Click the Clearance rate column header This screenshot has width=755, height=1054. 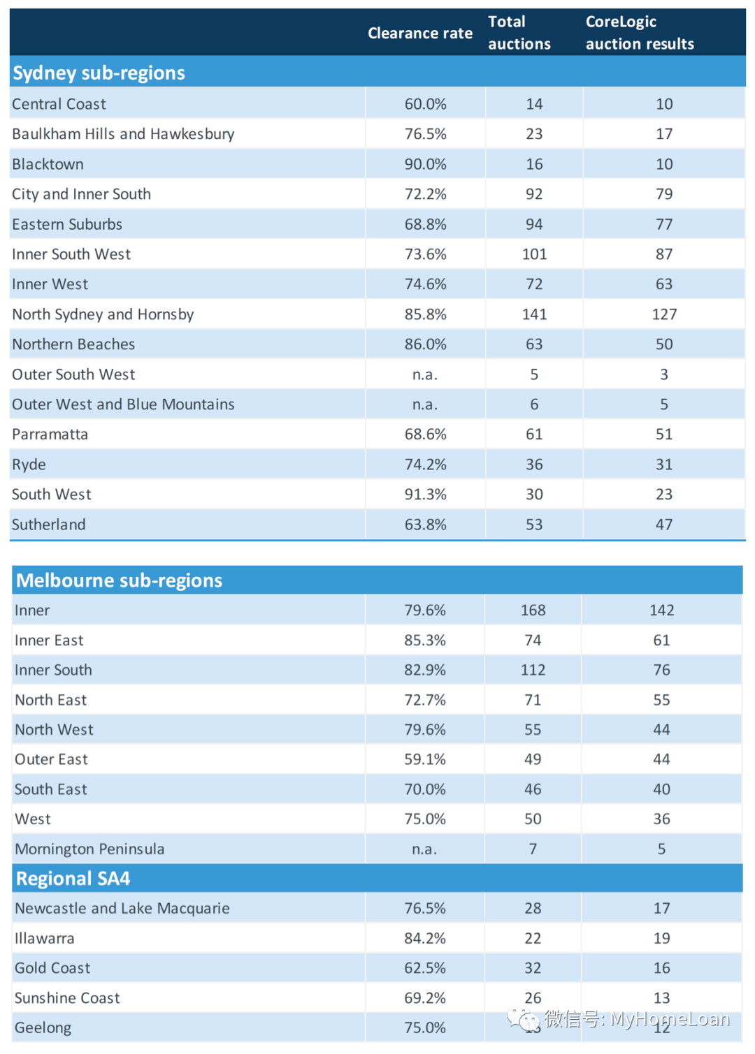tap(419, 34)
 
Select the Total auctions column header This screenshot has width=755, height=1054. tap(519, 33)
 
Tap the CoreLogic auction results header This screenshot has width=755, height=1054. tap(639, 33)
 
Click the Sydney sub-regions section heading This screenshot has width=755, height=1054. tap(99, 73)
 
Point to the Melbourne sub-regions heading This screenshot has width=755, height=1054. tap(119, 580)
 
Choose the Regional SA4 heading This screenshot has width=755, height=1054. tap(73, 879)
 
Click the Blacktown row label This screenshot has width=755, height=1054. tap(48, 164)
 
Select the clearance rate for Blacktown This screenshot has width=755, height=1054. tap(425, 164)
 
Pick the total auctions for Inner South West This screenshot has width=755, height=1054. tap(534, 254)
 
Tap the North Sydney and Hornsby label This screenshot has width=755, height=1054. tap(103, 314)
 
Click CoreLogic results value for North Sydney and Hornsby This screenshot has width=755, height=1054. tap(663, 314)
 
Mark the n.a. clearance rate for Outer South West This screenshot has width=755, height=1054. tap(425, 375)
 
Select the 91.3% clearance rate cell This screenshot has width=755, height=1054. tap(425, 495)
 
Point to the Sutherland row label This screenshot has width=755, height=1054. tap(48, 525)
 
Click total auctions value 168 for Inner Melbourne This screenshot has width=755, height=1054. tap(533, 610)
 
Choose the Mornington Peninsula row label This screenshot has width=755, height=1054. tap(89, 849)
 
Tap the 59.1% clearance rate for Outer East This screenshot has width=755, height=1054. tap(424, 759)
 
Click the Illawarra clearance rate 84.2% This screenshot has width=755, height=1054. tap(424, 938)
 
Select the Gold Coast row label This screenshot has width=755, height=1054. tap(52, 968)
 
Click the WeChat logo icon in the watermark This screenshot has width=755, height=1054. tap(524, 1020)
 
